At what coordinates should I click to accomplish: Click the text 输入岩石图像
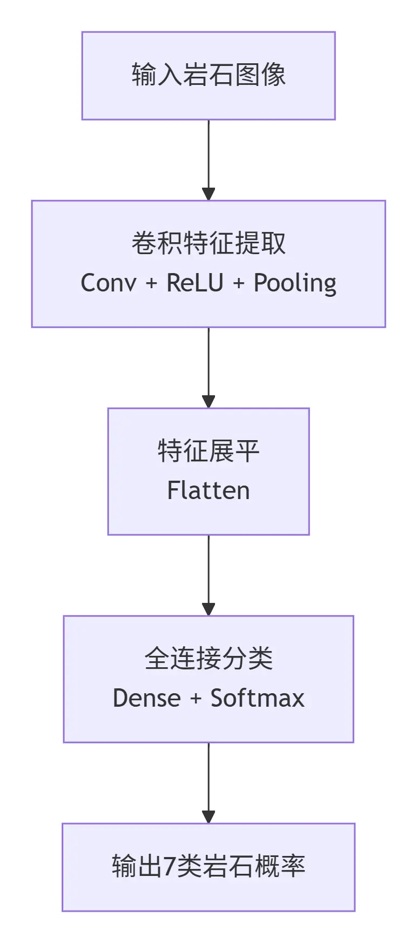click(x=208, y=75)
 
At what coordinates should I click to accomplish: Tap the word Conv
click(x=108, y=283)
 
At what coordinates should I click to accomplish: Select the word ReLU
click(x=194, y=283)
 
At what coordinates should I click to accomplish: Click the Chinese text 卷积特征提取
click(x=208, y=243)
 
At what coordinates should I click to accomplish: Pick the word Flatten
click(x=208, y=490)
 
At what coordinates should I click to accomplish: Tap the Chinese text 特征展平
click(x=208, y=451)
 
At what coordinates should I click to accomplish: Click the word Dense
click(x=146, y=698)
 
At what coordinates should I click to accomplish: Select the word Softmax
click(x=257, y=698)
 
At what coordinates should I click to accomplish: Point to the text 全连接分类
click(x=208, y=659)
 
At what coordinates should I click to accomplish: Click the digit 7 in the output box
click(x=169, y=866)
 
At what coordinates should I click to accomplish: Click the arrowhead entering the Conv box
click(x=208, y=194)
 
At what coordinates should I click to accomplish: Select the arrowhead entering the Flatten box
click(x=208, y=402)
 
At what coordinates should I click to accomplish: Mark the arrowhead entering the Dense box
click(x=208, y=609)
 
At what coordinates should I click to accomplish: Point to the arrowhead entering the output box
click(x=208, y=817)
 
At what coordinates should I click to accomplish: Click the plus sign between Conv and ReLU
click(x=151, y=283)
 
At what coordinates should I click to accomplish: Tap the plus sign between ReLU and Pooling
click(x=238, y=283)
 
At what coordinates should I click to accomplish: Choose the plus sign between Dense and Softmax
click(x=196, y=699)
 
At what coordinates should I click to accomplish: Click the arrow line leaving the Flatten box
click(x=208, y=568)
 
